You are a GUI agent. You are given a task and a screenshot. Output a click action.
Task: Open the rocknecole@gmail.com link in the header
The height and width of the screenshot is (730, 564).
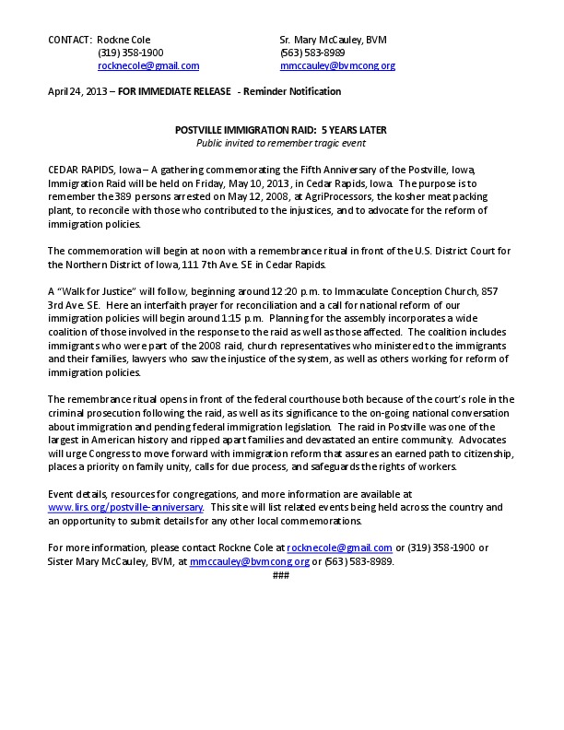tap(148, 66)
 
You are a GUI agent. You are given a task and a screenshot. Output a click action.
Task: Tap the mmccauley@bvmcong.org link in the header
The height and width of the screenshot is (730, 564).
tap(337, 66)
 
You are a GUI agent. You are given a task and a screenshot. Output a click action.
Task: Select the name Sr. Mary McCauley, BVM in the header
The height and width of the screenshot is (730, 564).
tap(333, 41)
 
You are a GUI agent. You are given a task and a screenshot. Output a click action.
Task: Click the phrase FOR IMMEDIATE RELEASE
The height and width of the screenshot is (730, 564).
tap(174, 92)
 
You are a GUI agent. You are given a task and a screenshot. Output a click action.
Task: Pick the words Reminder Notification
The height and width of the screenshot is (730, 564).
tap(292, 92)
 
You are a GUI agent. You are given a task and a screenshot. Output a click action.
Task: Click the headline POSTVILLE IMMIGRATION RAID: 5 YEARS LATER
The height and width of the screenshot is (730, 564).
tap(281, 132)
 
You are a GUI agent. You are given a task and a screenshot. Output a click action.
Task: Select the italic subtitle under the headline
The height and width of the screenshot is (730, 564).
tap(281, 144)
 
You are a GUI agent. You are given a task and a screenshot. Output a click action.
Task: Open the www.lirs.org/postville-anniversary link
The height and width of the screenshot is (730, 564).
tap(125, 508)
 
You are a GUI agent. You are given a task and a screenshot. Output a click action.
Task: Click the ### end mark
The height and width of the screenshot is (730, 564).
tap(281, 574)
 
